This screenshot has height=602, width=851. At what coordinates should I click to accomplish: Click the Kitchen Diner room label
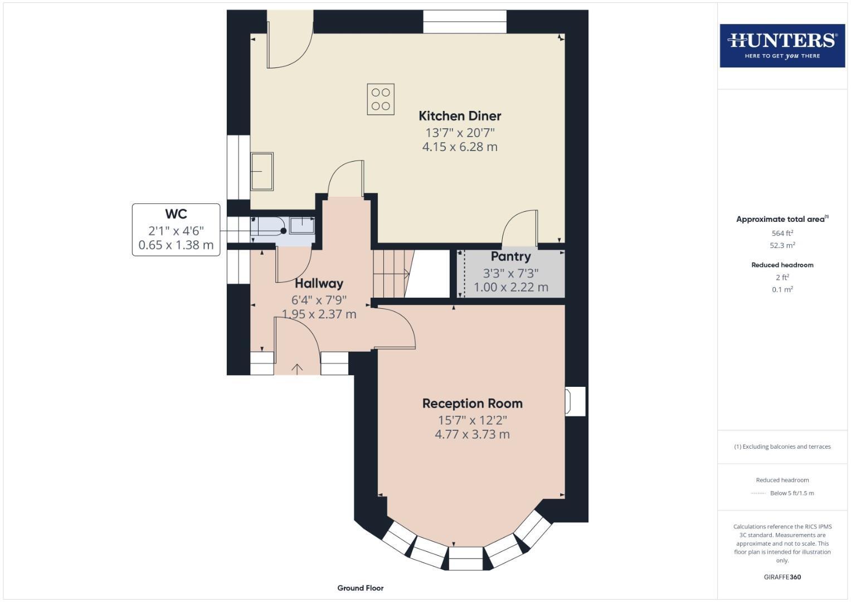(x=460, y=116)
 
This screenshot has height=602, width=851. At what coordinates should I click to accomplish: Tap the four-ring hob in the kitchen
(x=381, y=99)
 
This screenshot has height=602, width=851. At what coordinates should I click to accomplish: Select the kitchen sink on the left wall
(x=262, y=171)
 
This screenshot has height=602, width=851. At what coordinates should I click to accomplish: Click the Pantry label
(x=510, y=257)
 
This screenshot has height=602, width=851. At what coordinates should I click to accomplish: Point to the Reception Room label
(x=472, y=404)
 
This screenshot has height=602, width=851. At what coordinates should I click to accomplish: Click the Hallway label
(x=319, y=284)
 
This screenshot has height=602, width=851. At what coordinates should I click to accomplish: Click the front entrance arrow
(x=297, y=368)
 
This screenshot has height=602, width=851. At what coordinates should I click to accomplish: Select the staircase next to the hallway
(x=391, y=273)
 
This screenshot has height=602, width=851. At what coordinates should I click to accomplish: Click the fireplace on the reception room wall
(x=575, y=401)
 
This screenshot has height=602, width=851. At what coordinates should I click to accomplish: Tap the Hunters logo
(x=782, y=46)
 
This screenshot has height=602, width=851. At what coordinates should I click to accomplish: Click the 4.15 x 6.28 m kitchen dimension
(x=460, y=147)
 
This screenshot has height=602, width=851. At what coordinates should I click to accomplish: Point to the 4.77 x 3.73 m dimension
(x=472, y=434)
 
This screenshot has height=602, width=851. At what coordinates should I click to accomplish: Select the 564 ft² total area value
(x=782, y=234)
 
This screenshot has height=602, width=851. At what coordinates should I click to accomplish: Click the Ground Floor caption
(x=361, y=588)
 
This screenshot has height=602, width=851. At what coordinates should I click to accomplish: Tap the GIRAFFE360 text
(x=782, y=577)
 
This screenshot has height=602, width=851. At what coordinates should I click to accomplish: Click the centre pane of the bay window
(x=465, y=558)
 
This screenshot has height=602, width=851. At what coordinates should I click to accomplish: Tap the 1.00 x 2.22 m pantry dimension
(x=510, y=288)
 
